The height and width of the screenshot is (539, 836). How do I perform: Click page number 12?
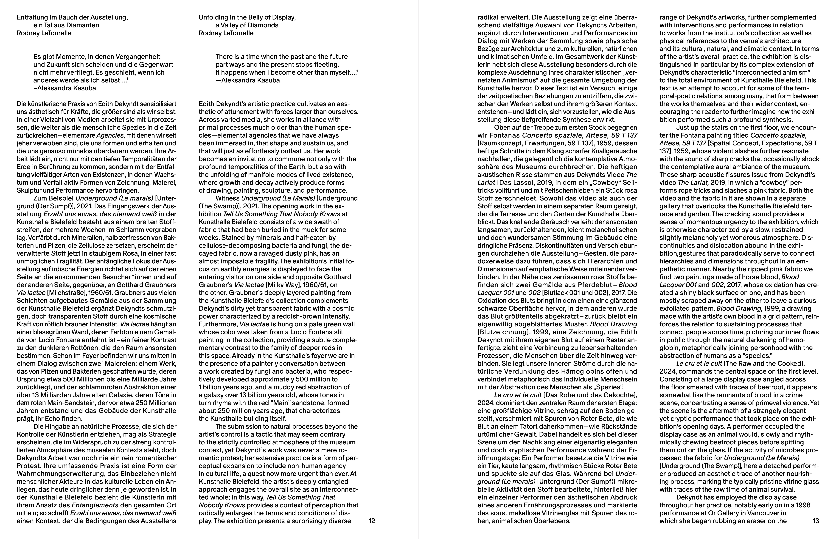372,521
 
